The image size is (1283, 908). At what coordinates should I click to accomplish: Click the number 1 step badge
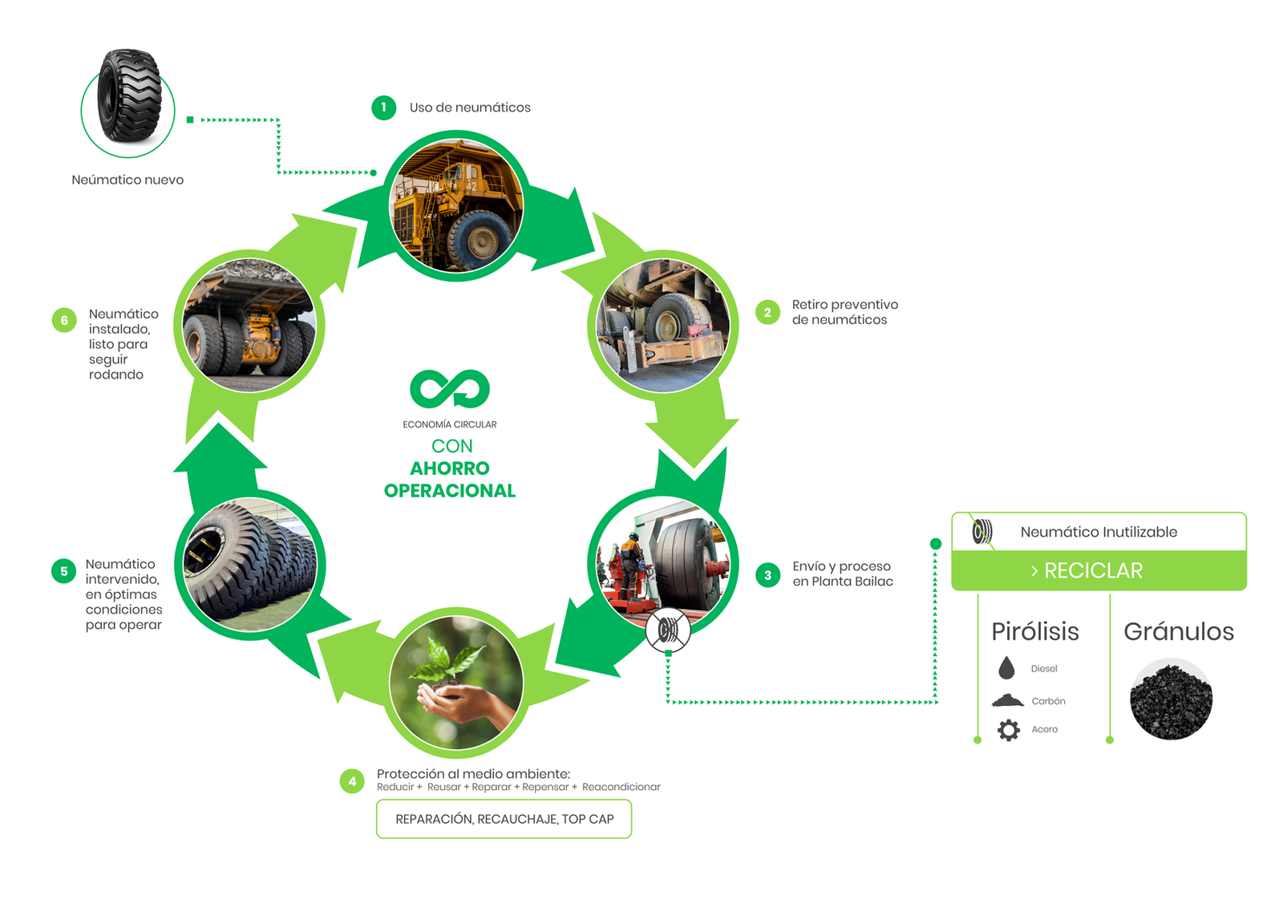click(x=383, y=107)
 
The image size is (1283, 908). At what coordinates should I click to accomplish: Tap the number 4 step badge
click(x=352, y=781)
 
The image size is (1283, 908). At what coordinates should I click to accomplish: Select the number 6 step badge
click(x=64, y=320)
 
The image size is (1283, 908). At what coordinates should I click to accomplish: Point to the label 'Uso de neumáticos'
click(x=470, y=107)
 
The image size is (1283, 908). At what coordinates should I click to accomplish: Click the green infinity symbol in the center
click(x=450, y=389)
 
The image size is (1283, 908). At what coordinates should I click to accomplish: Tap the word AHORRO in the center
click(x=450, y=468)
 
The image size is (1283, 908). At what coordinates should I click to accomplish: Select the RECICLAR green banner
click(x=1099, y=570)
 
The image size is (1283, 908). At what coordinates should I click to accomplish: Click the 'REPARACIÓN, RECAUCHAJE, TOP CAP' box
click(x=504, y=819)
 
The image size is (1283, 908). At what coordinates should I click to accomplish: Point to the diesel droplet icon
click(x=1006, y=668)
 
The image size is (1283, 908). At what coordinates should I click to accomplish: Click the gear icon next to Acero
click(x=1009, y=730)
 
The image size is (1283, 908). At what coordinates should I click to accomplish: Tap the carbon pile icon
click(x=1008, y=700)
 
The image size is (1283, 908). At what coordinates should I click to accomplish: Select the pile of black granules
click(x=1171, y=699)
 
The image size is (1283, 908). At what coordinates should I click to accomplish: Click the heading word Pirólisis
click(x=1035, y=632)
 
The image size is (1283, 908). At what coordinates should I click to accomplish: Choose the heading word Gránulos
click(x=1179, y=632)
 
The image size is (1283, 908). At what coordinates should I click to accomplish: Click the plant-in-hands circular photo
click(x=456, y=683)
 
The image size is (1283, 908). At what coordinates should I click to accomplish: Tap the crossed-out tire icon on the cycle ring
click(x=668, y=630)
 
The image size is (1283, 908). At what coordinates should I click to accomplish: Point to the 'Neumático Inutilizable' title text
click(x=1099, y=532)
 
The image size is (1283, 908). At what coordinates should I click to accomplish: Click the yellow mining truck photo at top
click(x=456, y=206)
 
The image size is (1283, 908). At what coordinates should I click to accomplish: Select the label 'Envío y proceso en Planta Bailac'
click(x=842, y=574)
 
